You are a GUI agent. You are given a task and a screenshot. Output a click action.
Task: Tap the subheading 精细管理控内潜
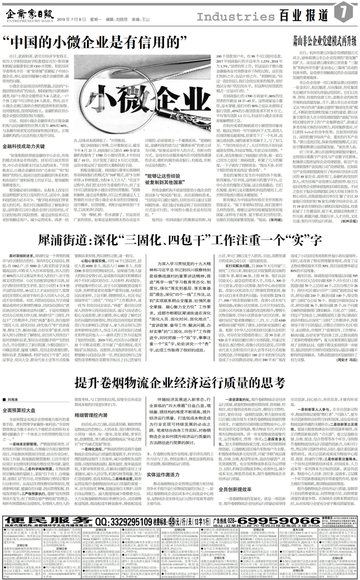[x=92, y=399]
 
